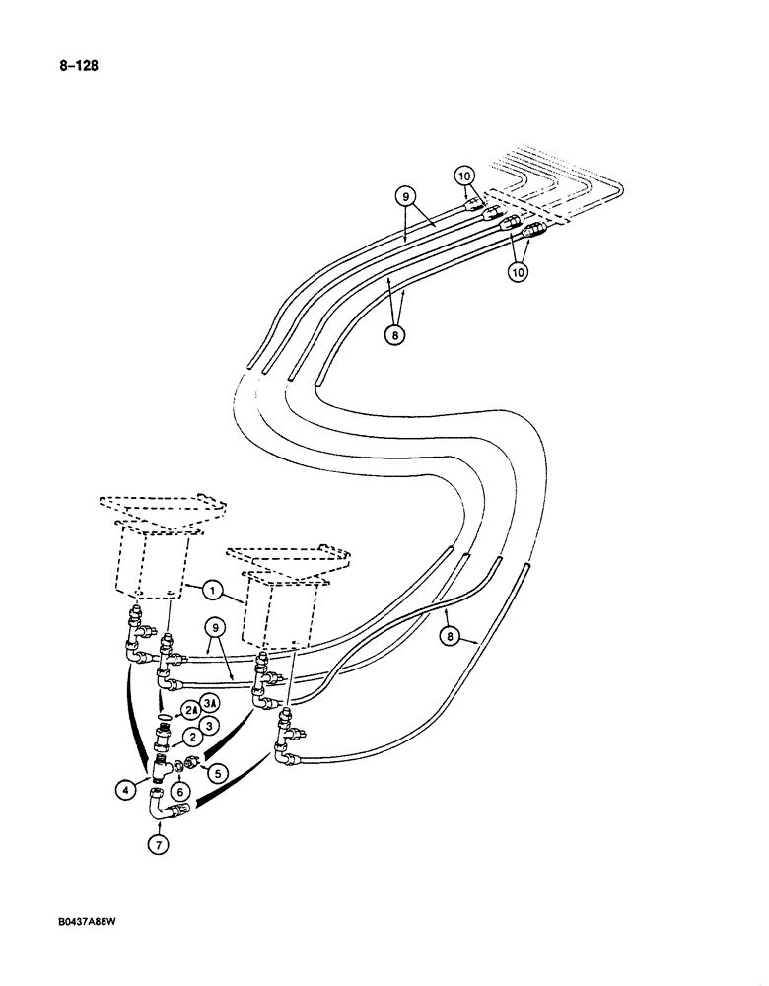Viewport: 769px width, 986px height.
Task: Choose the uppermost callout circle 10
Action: [465, 176]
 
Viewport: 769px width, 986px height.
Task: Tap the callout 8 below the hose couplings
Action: [395, 333]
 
